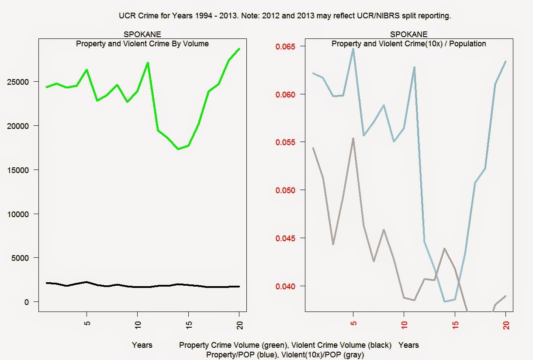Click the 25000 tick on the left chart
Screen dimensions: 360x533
(x=20, y=82)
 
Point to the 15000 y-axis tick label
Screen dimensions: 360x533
(x=20, y=170)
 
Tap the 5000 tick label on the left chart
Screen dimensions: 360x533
(x=22, y=258)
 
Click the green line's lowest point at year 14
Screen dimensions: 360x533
(x=178, y=149)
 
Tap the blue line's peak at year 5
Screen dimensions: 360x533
(x=353, y=48)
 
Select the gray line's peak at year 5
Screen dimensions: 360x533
(x=353, y=138)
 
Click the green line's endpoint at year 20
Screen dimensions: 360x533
(x=239, y=48)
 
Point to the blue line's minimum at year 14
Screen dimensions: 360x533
(x=445, y=301)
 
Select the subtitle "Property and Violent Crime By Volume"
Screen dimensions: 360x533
(x=142, y=44)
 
